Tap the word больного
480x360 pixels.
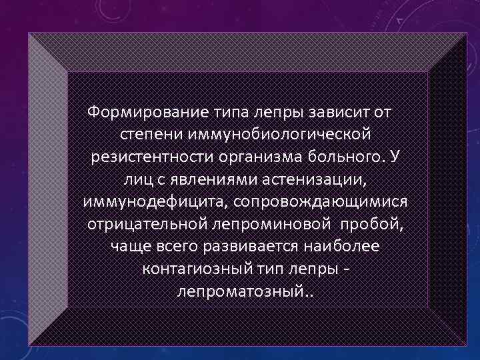click(345, 157)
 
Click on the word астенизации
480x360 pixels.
click(315, 179)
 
